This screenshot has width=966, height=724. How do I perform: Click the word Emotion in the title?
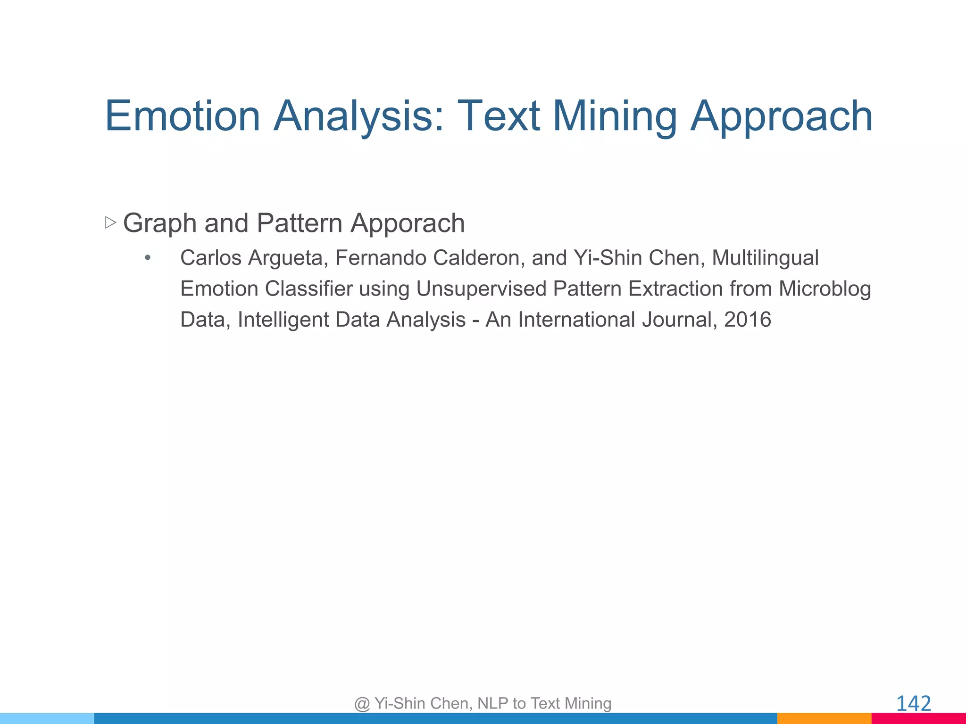coord(183,116)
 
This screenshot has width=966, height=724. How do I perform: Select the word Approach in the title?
coord(781,116)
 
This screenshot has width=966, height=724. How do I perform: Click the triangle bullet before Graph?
coord(110,222)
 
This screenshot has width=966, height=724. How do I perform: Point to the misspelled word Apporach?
coord(408,223)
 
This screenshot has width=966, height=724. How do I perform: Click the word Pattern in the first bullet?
coord(299,223)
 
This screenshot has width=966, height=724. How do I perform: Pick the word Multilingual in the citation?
coord(765,258)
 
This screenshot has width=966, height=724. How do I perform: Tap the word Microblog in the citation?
coord(824,289)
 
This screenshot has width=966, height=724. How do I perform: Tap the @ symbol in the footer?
coord(362,704)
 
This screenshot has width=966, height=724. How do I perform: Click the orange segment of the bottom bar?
coord(824,718)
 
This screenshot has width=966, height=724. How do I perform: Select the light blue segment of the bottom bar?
coord(47,718)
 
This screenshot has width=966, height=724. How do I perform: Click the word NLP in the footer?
coord(493,703)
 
